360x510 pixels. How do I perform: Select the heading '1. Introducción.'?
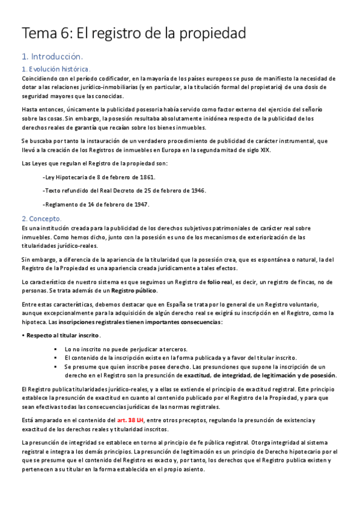(x=52, y=57)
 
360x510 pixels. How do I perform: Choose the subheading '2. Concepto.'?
(x=41, y=218)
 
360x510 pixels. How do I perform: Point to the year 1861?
(x=145, y=177)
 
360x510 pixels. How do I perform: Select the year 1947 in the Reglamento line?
(x=139, y=204)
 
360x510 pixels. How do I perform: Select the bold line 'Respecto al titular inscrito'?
(x=63, y=336)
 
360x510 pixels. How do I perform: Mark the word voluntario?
(x=302, y=304)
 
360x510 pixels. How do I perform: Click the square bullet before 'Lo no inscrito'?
(x=55, y=349)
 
